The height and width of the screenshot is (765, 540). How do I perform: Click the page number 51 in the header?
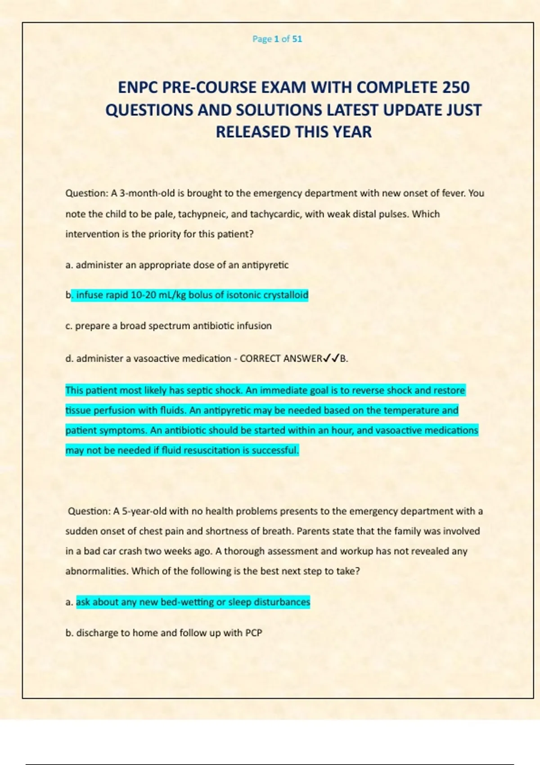coord(297,39)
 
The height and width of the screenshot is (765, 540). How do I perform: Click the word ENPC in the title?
coord(138,87)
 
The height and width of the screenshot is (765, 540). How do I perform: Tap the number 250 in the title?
coord(455,87)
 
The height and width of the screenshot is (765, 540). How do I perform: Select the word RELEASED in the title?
coord(253,132)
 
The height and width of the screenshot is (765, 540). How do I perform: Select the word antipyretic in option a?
coord(265,265)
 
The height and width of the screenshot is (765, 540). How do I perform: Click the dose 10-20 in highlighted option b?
coord(143,295)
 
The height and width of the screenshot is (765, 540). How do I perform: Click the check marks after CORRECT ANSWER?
coord(331,359)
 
